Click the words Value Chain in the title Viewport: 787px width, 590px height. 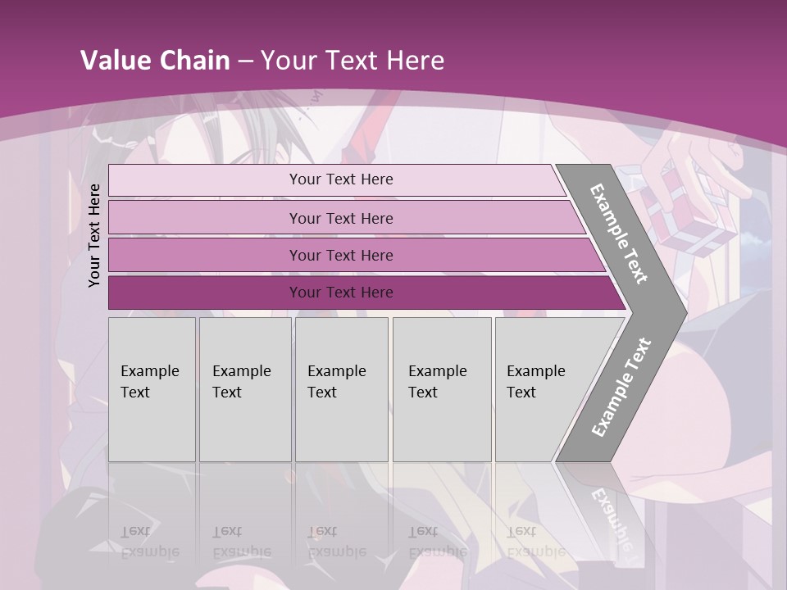point(155,61)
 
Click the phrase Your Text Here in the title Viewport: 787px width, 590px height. point(353,61)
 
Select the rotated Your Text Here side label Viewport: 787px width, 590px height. point(94,236)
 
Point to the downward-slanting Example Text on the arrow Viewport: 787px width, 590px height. point(619,234)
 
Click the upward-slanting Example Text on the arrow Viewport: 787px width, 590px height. point(621,387)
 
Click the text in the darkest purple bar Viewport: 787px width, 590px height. point(341,293)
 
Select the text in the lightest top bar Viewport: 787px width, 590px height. point(341,179)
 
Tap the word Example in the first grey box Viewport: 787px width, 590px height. point(149,371)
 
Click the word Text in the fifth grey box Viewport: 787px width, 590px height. point(521,393)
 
